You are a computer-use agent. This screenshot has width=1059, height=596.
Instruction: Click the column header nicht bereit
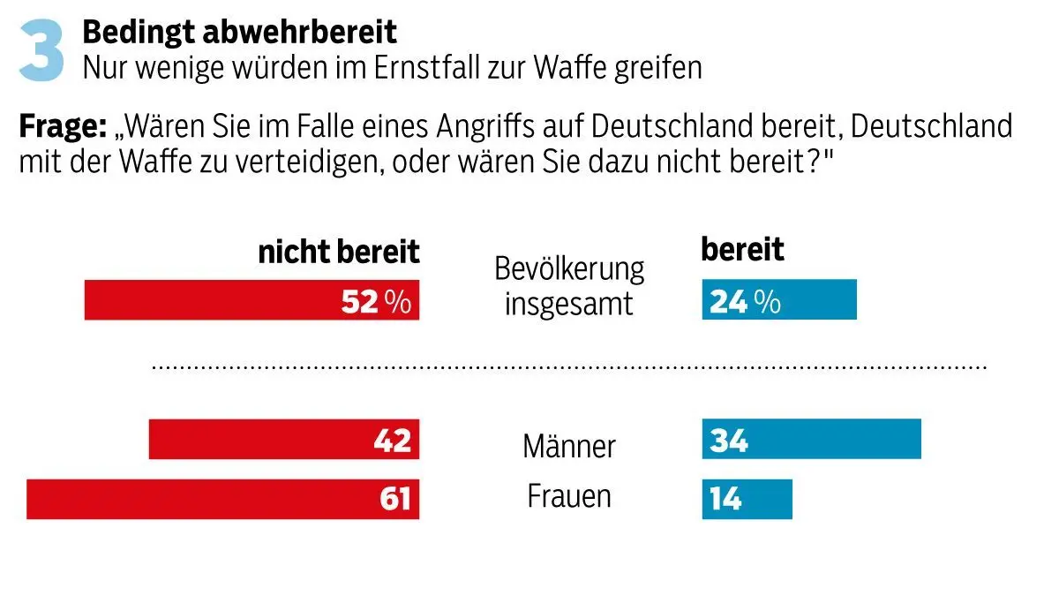pos(339,253)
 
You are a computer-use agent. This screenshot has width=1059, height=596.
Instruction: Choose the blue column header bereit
pos(742,250)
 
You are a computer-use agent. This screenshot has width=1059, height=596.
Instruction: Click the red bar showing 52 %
pos(252,300)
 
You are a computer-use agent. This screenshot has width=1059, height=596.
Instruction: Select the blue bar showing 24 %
pos(779,300)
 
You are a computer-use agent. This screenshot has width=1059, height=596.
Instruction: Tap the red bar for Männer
pos(283,440)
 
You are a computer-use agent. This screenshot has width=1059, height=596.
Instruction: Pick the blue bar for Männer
pos(811,440)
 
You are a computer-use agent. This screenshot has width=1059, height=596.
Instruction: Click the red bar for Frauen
pos(222,499)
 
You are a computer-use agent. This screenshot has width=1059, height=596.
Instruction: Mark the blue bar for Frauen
pos(747,499)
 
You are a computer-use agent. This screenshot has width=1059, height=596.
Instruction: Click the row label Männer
pos(569,446)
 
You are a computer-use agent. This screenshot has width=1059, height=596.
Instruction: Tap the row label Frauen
pos(569,496)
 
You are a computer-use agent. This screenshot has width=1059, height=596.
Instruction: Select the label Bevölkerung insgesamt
pos(569,285)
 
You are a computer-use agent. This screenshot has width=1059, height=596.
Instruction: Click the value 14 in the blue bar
pos(725,499)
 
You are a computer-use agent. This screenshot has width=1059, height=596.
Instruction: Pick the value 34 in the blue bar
pos(729,440)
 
